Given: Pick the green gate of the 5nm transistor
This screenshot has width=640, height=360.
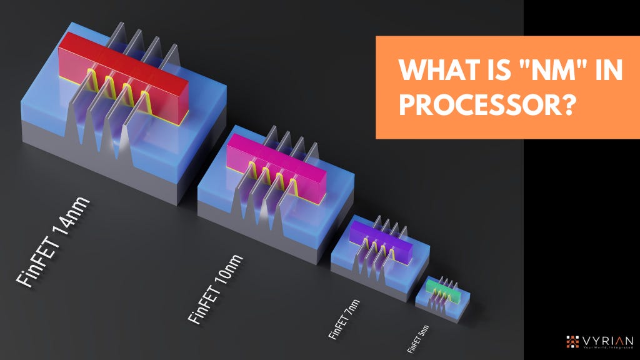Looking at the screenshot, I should click(446, 287).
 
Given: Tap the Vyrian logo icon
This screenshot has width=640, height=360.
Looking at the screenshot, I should click(572, 341).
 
